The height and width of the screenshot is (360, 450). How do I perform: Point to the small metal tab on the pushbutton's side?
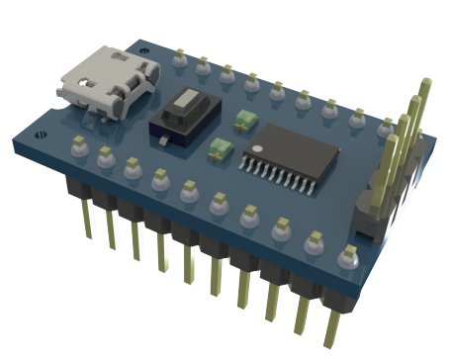(160, 145)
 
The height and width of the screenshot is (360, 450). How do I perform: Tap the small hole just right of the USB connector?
(147, 51)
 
